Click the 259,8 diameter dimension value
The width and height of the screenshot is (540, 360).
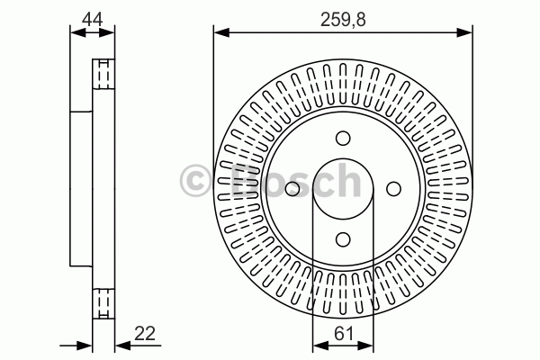pos(343,20)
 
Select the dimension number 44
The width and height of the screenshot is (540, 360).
pos(93,20)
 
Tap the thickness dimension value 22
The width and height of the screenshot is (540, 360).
pos(145,333)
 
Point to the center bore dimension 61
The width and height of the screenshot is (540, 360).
pos(344,334)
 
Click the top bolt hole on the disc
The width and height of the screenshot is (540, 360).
pos(343,139)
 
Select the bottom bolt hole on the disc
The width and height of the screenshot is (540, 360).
pos(343,239)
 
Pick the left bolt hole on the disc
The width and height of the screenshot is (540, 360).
pos(292,189)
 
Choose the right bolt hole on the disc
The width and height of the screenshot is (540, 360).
pos(393,189)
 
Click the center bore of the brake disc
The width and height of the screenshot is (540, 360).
pos(343,189)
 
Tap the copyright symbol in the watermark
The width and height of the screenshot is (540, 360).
pos(195,181)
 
